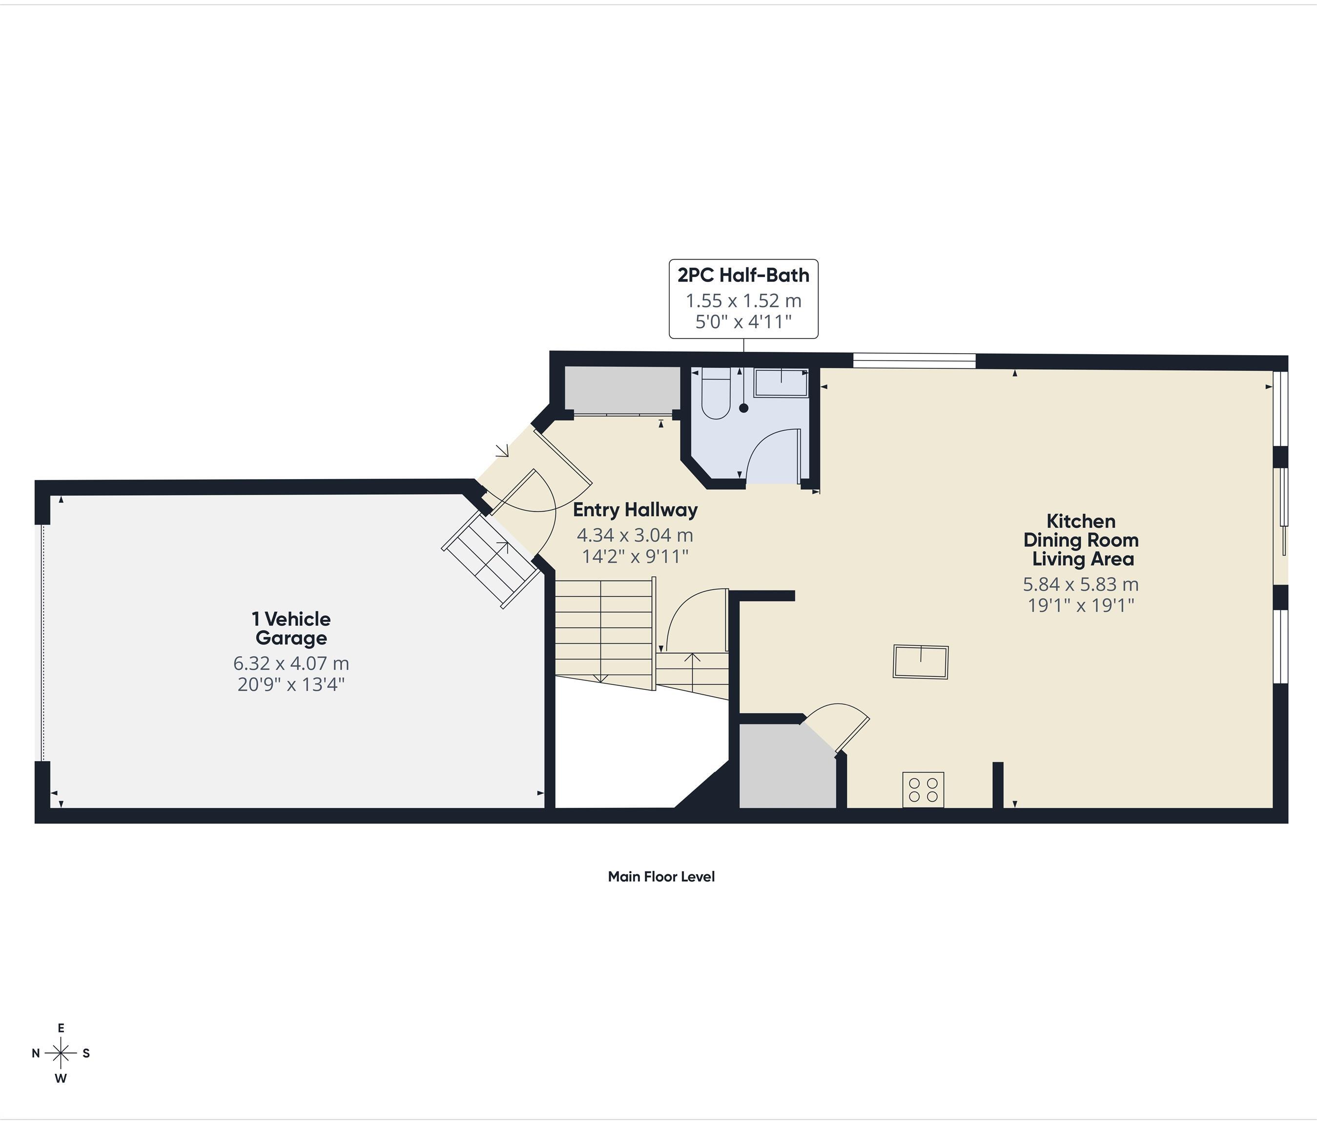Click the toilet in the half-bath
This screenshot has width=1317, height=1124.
pos(716,397)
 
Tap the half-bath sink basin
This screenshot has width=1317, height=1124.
pos(781,383)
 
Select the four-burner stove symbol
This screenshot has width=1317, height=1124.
pos(923,790)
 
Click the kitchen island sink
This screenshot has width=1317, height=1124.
pos(920,662)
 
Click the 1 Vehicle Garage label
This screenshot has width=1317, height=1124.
pos(291,628)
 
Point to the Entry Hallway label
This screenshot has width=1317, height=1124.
pos(635,510)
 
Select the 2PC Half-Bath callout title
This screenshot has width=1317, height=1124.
pos(743,275)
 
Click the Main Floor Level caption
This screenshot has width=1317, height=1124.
pos(661,877)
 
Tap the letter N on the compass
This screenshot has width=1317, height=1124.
pos(36,1053)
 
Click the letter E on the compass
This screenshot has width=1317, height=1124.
pos(61,1027)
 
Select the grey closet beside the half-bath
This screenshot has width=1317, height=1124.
pos(621,389)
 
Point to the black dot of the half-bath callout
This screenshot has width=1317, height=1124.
pos(743,408)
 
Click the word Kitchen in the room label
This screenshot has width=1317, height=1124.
pos(1081,521)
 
